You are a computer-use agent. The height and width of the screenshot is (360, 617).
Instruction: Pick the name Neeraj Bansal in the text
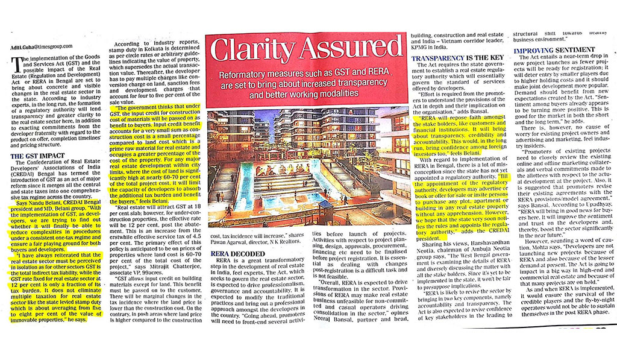tap(341, 318)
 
